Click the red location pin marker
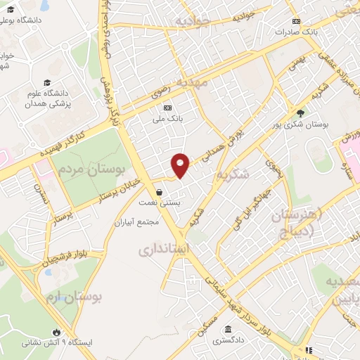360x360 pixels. (x=181, y=165)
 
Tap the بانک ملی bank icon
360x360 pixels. (x=167, y=108)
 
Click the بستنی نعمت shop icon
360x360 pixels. (x=160, y=191)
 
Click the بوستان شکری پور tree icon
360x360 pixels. (x=301, y=112)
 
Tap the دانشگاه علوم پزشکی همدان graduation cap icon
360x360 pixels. (x=46, y=82)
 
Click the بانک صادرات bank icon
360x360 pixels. (x=295, y=21)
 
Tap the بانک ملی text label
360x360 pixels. (x=171, y=119)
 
